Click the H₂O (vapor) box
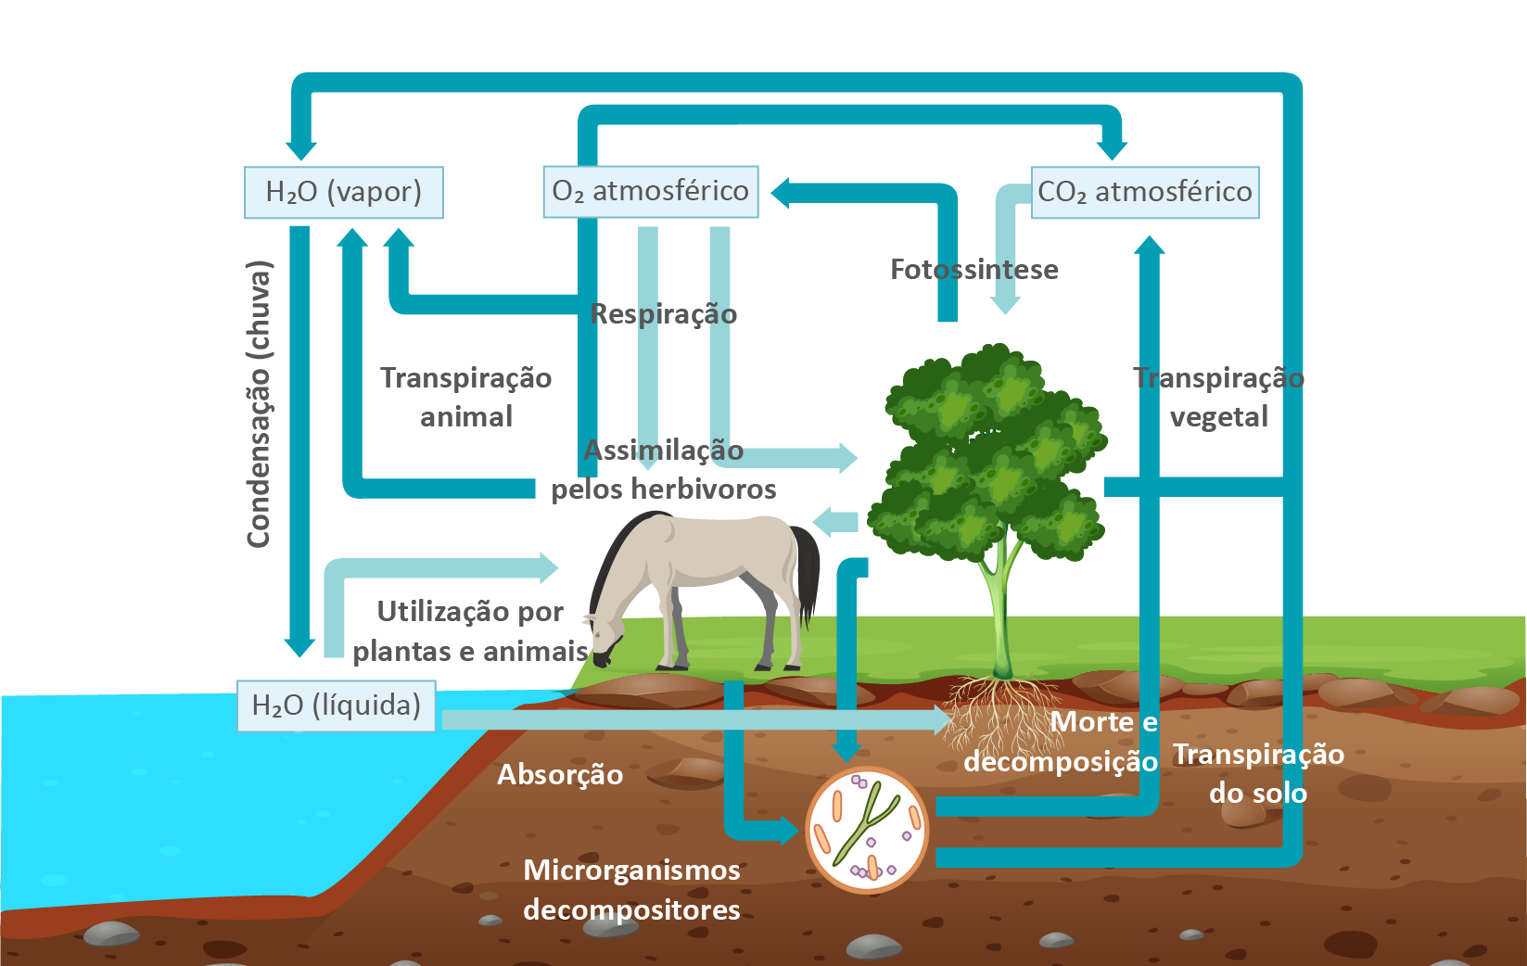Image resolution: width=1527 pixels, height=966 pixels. pos(343,192)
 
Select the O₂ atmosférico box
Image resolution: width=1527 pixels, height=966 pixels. pos(650,191)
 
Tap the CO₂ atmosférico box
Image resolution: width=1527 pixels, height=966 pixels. pos(1145,192)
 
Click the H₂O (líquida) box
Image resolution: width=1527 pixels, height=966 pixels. pos(336,705)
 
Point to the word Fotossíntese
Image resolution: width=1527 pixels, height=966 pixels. pos(973,270)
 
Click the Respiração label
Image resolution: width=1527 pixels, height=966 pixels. pos(664,314)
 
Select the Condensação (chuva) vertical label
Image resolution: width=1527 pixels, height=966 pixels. pos(259,404)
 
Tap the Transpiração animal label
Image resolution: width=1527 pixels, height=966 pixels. pos(466,397)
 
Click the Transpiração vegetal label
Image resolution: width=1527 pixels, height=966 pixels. pos(1218,397)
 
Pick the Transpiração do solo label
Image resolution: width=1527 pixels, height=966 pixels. pos(1258,773)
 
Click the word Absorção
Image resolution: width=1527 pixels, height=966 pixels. pos(560,775)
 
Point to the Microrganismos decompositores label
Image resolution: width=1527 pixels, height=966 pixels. pos(631,889)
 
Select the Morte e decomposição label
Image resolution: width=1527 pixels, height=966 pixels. pos(1062,742)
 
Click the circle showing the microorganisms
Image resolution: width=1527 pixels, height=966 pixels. pos(867,830)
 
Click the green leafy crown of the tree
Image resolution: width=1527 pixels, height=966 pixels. pos(992,454)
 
